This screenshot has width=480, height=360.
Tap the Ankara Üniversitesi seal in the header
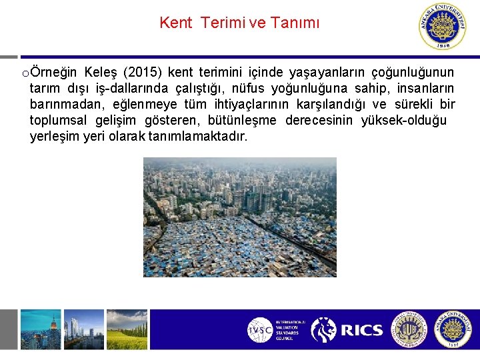click(x=443, y=26)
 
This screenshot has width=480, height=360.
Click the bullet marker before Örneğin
click(x=25, y=73)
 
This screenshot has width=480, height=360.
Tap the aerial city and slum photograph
click(x=239, y=217)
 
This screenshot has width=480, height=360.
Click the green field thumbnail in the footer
click(x=127, y=329)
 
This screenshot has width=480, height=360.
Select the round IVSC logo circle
click(x=260, y=330)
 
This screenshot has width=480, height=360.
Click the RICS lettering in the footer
click(x=361, y=330)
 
